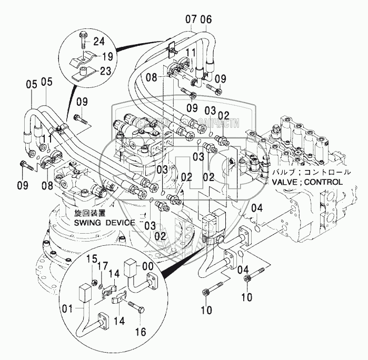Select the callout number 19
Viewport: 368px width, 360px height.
pyautogui.click(x=107, y=56)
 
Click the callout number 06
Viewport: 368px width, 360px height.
pyautogui.click(x=205, y=20)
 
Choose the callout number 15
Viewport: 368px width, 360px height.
pyautogui.click(x=92, y=259)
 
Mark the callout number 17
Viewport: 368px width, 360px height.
pyautogui.click(x=103, y=266)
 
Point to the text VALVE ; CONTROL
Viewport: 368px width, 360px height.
pyautogui.click(x=307, y=182)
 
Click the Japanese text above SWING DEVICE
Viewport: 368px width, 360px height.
pyautogui.click(x=90, y=213)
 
